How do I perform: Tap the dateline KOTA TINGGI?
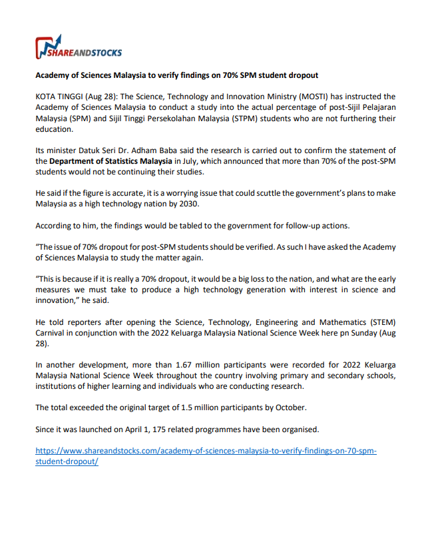click(60, 97)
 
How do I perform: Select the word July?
click(193, 160)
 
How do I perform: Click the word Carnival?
click(51, 333)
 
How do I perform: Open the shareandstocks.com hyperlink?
click(206, 451)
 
